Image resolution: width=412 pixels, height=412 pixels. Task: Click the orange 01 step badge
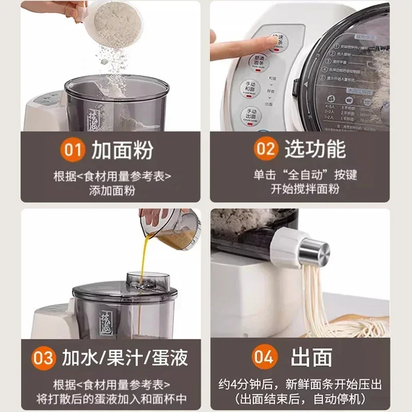(x=73, y=150)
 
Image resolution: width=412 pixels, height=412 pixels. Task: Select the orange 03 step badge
(x=44, y=358)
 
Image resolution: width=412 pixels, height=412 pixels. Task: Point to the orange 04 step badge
(x=265, y=358)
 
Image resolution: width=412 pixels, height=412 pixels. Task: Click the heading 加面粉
(x=122, y=150)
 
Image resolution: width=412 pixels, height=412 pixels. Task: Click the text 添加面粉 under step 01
(x=112, y=190)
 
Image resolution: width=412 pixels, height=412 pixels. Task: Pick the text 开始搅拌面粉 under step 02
(x=305, y=189)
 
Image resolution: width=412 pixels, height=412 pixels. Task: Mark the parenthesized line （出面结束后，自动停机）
(x=305, y=398)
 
